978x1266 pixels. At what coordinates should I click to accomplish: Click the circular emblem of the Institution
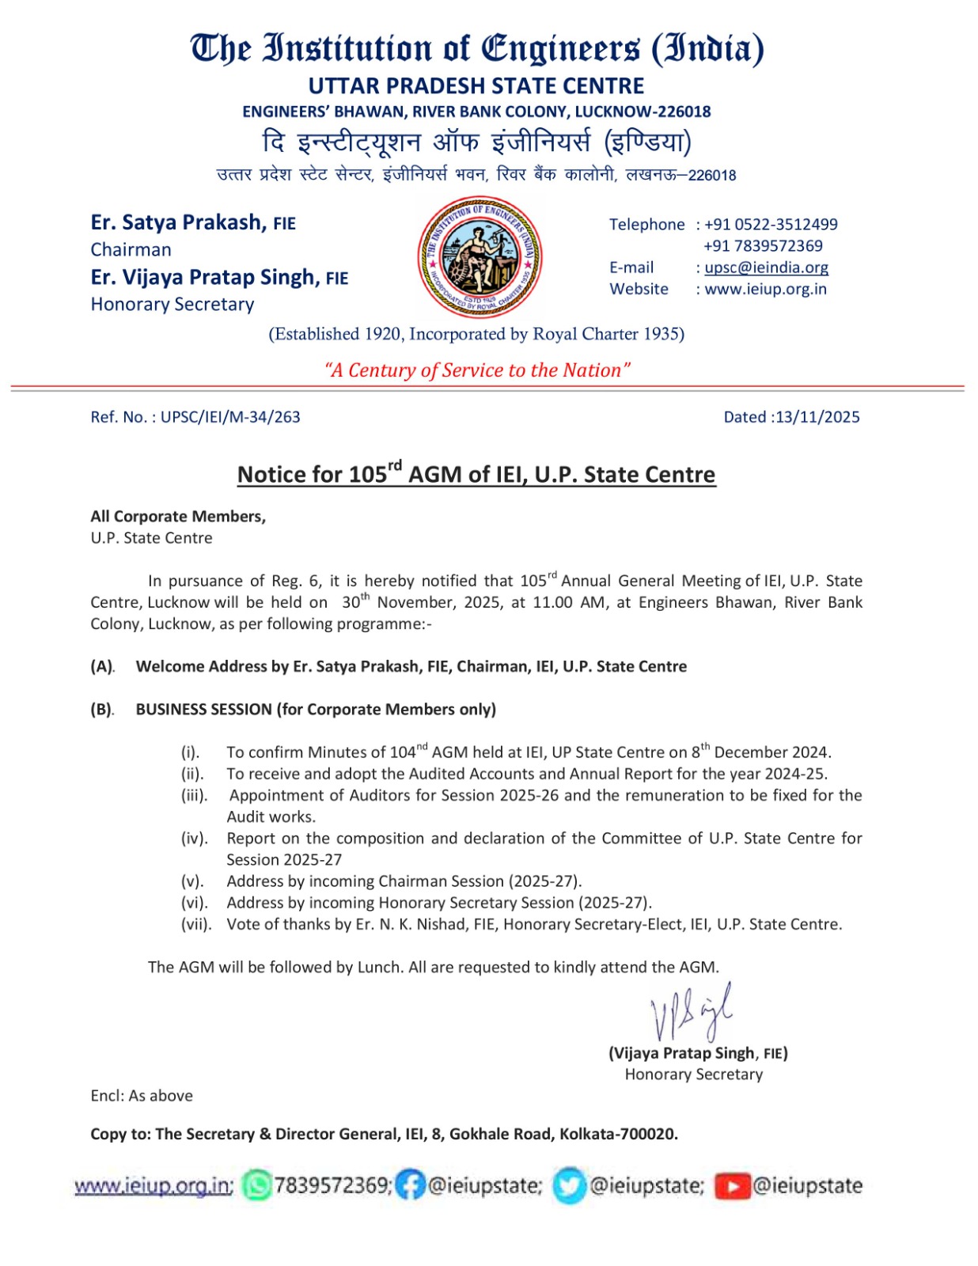pyautogui.click(x=480, y=256)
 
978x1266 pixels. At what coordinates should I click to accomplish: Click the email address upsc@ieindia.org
pyautogui.click(x=766, y=267)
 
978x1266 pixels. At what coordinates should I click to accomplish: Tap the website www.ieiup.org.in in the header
pyautogui.click(x=765, y=289)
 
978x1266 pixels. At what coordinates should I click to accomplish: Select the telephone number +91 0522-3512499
pyautogui.click(x=770, y=225)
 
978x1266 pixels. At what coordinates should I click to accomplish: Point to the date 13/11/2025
pyautogui.click(x=817, y=417)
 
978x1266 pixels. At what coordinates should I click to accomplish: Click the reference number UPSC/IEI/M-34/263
pyautogui.click(x=230, y=417)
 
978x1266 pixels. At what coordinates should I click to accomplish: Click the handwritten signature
pyautogui.click(x=691, y=1014)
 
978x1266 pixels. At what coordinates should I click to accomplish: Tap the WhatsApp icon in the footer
pyautogui.click(x=256, y=1185)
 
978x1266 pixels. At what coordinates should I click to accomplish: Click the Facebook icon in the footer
pyautogui.click(x=410, y=1185)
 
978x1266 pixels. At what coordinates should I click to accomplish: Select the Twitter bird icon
pyautogui.click(x=569, y=1186)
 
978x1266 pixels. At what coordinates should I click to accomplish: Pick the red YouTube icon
pyautogui.click(x=732, y=1186)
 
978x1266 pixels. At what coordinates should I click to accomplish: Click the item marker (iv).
pyautogui.click(x=194, y=838)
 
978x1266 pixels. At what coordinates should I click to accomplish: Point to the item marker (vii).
pyautogui.click(x=196, y=924)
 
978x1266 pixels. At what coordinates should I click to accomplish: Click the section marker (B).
pyautogui.click(x=102, y=710)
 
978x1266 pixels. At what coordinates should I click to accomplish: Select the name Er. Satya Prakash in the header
pyautogui.click(x=178, y=222)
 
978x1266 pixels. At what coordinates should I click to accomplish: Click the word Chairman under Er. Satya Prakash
pyautogui.click(x=131, y=250)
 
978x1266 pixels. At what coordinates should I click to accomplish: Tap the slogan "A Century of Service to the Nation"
pyautogui.click(x=477, y=370)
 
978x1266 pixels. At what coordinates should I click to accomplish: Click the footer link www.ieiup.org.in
pyautogui.click(x=153, y=1186)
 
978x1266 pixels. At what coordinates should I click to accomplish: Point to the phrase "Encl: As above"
pyautogui.click(x=142, y=1096)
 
